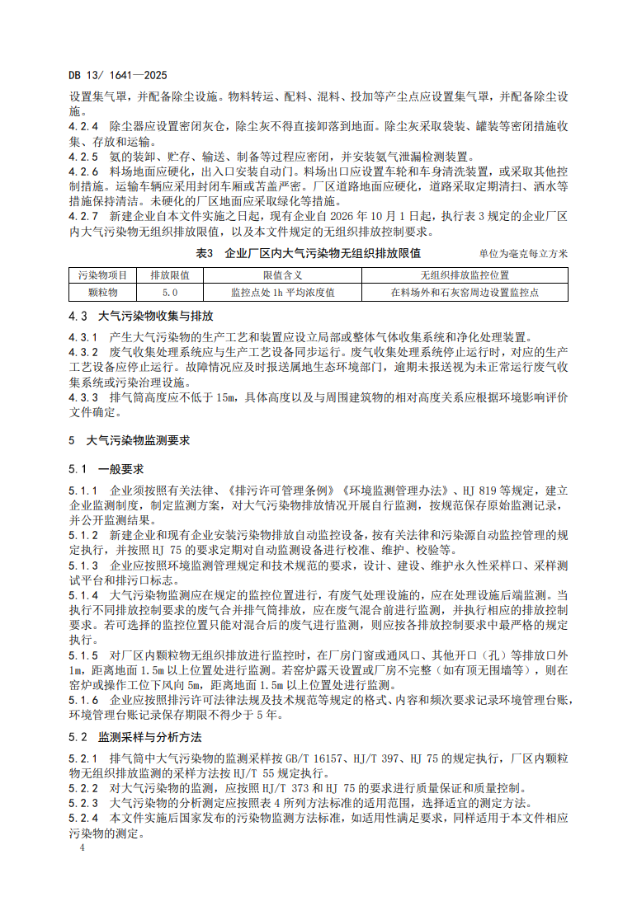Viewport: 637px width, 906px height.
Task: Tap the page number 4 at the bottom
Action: pyautogui.click(x=72, y=846)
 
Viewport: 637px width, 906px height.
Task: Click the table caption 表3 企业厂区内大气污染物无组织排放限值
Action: pyautogui.click(x=307, y=253)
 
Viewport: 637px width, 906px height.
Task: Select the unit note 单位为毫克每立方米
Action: pyautogui.click(x=523, y=254)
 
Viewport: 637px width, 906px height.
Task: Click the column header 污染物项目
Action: pyautogui.click(x=102, y=275)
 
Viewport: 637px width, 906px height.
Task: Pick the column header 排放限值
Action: pyautogui.click(x=169, y=275)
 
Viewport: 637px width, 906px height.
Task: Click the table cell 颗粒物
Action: pyautogui.click(x=102, y=292)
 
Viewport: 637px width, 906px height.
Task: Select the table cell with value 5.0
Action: pyautogui.click(x=169, y=292)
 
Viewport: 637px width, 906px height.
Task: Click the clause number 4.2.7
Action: pyautogui.click(x=83, y=215)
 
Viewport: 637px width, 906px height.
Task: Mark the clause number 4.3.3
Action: pyautogui.click(x=83, y=397)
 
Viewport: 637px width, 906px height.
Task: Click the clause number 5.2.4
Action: pyautogui.click(x=83, y=818)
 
